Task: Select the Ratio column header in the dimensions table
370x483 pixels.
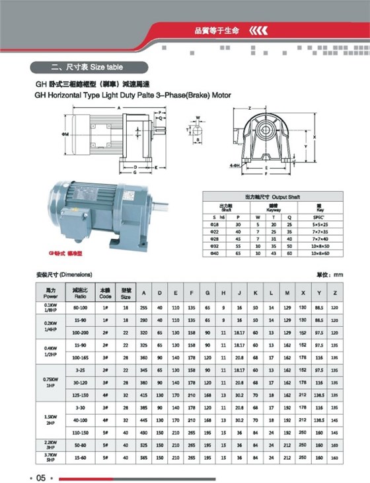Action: click(81, 292)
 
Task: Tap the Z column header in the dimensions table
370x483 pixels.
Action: click(335, 292)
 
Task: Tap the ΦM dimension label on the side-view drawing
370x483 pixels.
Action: click(65, 134)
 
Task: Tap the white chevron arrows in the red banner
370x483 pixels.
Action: click(258, 30)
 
